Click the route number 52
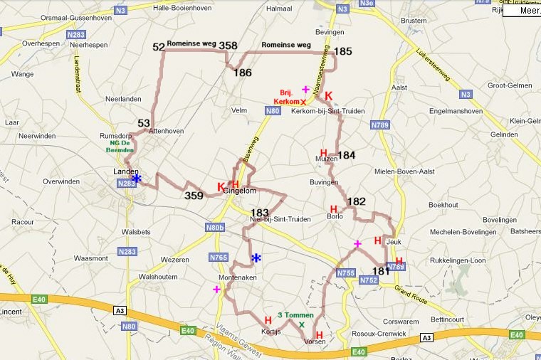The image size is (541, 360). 158,47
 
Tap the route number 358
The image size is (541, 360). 228,46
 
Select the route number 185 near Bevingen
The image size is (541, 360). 343,51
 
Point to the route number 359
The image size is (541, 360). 194,196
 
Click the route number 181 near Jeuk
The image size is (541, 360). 381,271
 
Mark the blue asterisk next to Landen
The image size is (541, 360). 137,179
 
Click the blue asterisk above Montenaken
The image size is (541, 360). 256,258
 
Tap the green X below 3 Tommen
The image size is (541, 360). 302,325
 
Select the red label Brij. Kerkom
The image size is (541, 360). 287,97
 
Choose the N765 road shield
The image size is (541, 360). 218,257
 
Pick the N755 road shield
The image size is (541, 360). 345,273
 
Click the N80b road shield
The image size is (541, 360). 214,228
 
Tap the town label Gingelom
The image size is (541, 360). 239,191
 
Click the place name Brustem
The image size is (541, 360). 413,21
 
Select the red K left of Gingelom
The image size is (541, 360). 221,187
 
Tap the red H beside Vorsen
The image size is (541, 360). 319,334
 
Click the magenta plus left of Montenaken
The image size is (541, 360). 216,289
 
